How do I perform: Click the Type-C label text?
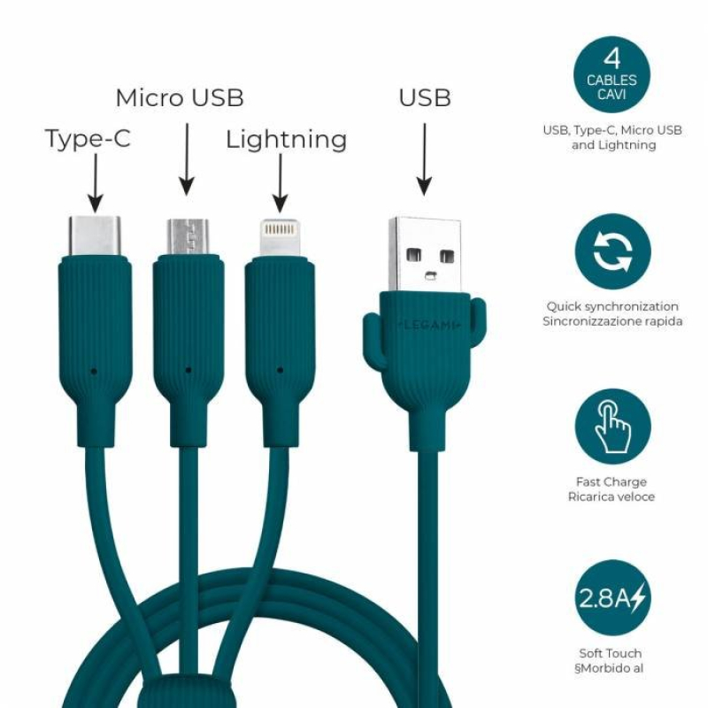88,139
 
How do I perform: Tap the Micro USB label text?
180,97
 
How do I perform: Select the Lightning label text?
286,140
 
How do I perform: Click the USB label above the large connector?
425,97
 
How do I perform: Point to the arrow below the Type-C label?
96,183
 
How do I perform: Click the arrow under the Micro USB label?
187,159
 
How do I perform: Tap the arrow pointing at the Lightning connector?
281,183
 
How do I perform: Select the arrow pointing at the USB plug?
425,159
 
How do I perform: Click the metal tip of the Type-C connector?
95,236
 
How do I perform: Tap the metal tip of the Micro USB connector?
188,237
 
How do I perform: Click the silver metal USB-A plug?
425,255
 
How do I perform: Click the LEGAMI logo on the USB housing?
429,325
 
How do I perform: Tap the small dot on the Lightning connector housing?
280,370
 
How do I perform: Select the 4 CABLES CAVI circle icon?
612,75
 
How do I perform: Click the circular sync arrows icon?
612,251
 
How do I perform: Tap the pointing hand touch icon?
612,427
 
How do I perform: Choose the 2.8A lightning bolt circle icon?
612,597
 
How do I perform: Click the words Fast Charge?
612,481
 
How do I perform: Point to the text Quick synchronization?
612,306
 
